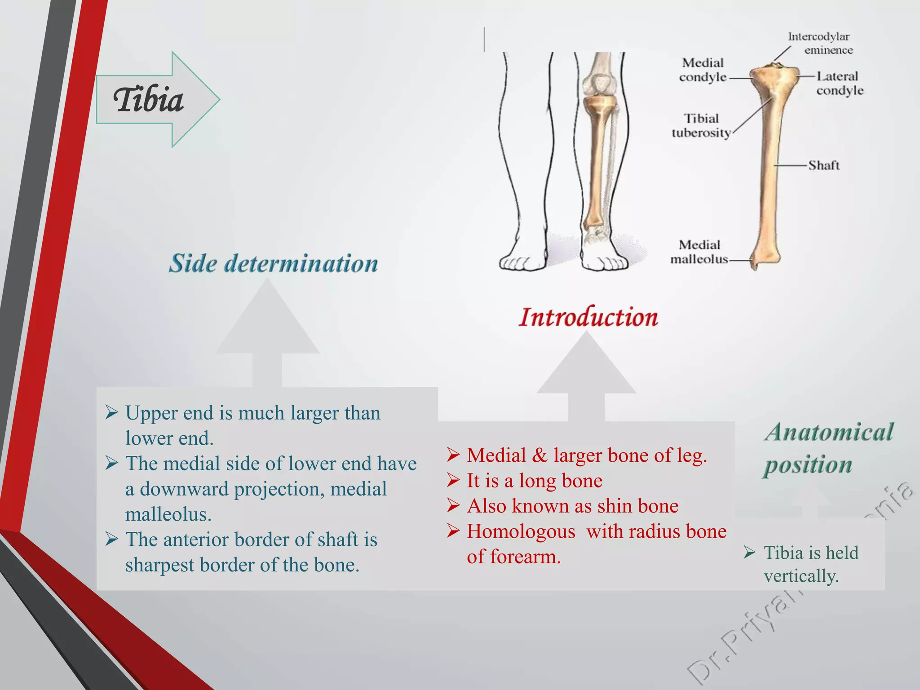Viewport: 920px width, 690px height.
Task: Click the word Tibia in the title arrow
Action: pos(148,100)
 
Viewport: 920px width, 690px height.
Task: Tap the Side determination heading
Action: pos(273,263)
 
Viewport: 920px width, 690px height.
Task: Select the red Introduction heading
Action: pos(588,317)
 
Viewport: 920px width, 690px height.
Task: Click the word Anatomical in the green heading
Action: pos(829,432)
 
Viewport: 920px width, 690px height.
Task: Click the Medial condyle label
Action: pos(703,70)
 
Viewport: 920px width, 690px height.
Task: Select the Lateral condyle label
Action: pos(839,83)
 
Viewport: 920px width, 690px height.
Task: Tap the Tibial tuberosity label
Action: pos(701,126)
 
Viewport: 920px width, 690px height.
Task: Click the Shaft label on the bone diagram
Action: pos(824,165)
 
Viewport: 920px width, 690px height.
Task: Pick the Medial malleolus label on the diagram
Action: pos(699,252)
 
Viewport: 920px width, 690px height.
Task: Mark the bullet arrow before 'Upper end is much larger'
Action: pos(111,412)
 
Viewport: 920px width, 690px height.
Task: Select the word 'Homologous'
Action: pos(521,531)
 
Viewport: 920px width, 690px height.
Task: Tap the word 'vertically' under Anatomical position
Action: pos(801,576)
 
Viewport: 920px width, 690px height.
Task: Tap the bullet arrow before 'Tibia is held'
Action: pos(749,552)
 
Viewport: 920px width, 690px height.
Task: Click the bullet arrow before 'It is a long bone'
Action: pos(453,480)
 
